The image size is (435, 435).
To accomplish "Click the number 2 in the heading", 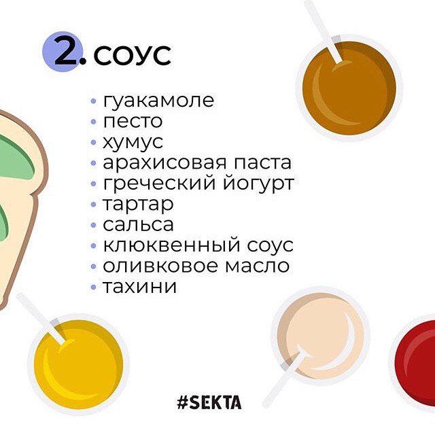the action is pos(66,52).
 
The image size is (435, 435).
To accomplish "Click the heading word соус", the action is pos(132,55).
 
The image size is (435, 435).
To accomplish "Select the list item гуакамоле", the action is pos(158,101).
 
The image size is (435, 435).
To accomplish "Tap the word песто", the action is pos(133,122).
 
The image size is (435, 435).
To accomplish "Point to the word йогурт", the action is pos(258,183).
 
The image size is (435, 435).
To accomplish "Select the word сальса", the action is pos(138,224).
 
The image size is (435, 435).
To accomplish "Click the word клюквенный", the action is pos(171,245).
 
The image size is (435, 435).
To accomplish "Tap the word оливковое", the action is pos(160,266).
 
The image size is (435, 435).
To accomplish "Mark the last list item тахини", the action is pos(140,286).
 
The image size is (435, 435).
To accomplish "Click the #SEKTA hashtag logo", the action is pos(209,402).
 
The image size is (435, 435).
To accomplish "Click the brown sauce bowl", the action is pos(349,88).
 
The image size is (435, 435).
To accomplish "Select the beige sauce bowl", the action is pos(320,336).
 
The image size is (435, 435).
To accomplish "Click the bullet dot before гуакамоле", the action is pos(94,101).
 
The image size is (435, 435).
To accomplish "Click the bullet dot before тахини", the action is pos(94,287).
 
